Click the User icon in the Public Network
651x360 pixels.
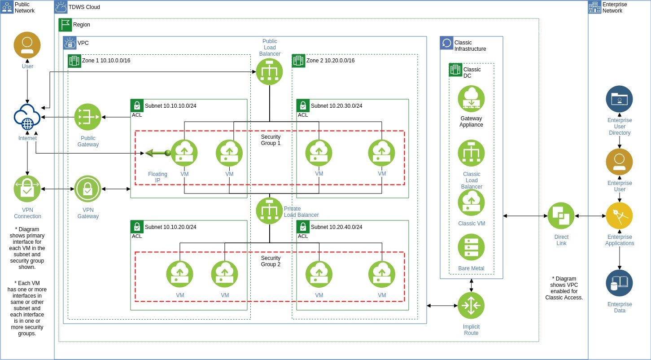click(27, 45)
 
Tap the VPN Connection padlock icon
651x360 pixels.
click(27, 189)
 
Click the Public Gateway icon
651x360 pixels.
click(87, 117)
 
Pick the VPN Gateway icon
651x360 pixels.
click(87, 189)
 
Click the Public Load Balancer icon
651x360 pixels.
click(269, 72)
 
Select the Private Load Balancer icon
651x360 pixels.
click(269, 211)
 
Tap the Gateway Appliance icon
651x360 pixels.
click(471, 99)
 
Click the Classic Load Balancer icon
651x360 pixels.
click(471, 153)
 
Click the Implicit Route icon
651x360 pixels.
click(471, 306)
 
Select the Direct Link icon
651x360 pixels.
click(561, 216)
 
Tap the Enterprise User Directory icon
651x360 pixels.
click(619, 99)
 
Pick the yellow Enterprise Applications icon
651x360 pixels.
click(619, 216)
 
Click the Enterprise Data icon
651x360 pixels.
click(619, 283)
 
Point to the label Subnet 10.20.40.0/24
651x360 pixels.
click(336, 227)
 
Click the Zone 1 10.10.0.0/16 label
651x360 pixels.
click(106, 61)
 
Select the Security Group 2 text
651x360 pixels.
click(271, 261)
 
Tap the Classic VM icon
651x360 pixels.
click(471, 202)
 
